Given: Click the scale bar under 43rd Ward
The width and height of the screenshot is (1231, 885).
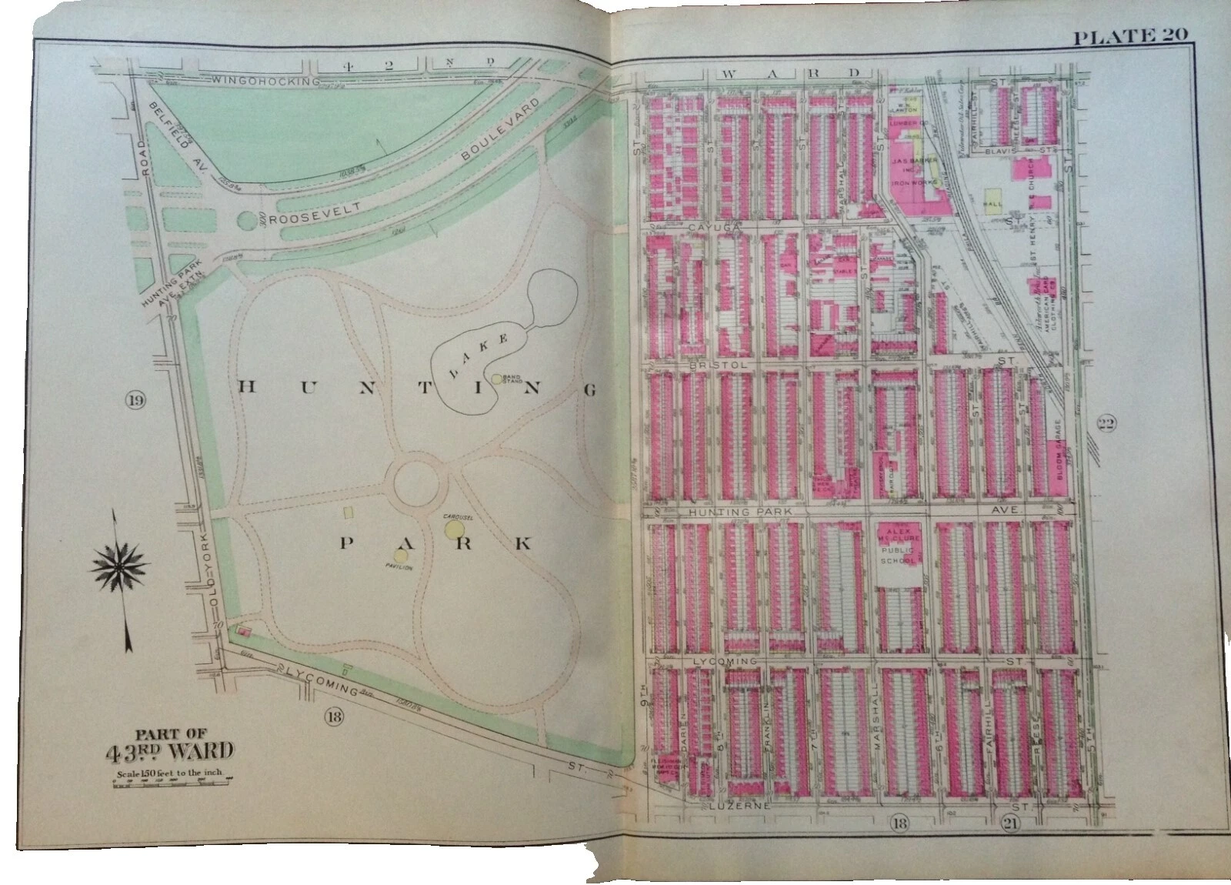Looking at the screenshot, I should [x=172, y=782].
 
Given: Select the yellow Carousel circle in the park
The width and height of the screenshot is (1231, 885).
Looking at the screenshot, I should [x=452, y=529].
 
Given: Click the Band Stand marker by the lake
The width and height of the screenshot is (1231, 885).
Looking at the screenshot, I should [x=497, y=379].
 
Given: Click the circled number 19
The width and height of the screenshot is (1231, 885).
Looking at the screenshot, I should [x=136, y=399].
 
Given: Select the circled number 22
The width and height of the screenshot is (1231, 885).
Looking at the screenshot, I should [x=1111, y=422].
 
